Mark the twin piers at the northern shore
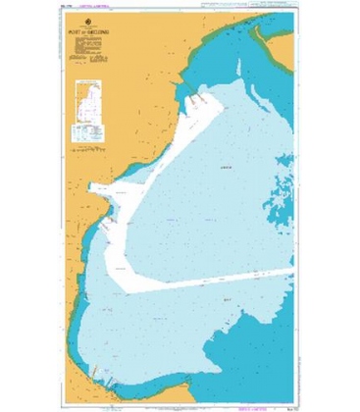coord(198,99)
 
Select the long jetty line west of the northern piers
coord(178,90)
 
